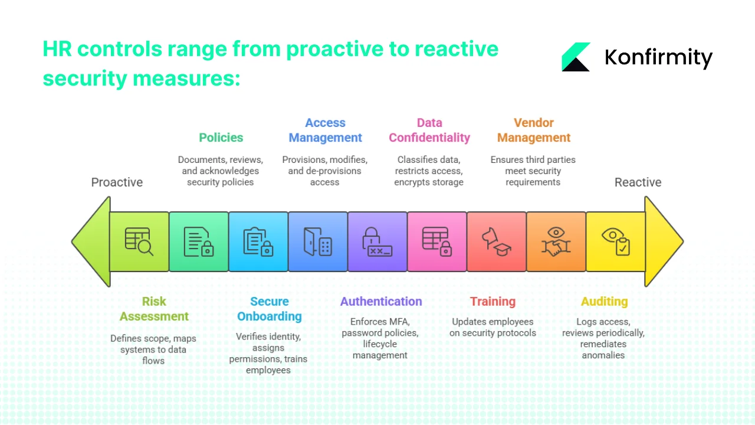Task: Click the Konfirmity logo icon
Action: point(576,57)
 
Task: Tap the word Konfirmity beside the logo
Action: point(658,58)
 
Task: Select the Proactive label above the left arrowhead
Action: point(117,182)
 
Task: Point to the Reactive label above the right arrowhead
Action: point(638,182)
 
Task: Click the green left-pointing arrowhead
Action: point(93,241)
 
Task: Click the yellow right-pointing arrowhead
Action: point(662,241)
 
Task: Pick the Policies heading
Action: point(221,138)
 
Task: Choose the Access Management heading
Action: point(325,130)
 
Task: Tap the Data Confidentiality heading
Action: point(429,130)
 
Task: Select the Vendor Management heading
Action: point(533,130)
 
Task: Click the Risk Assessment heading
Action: point(154,309)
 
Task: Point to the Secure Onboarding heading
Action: point(269,309)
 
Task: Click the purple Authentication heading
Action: point(381,302)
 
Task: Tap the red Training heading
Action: point(493,302)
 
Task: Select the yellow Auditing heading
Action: point(604,302)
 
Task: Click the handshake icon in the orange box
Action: point(556,241)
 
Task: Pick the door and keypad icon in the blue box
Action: point(317,241)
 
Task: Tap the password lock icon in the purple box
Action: point(377,241)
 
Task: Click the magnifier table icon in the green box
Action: point(139,241)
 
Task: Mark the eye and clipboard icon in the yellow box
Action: point(616,241)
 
